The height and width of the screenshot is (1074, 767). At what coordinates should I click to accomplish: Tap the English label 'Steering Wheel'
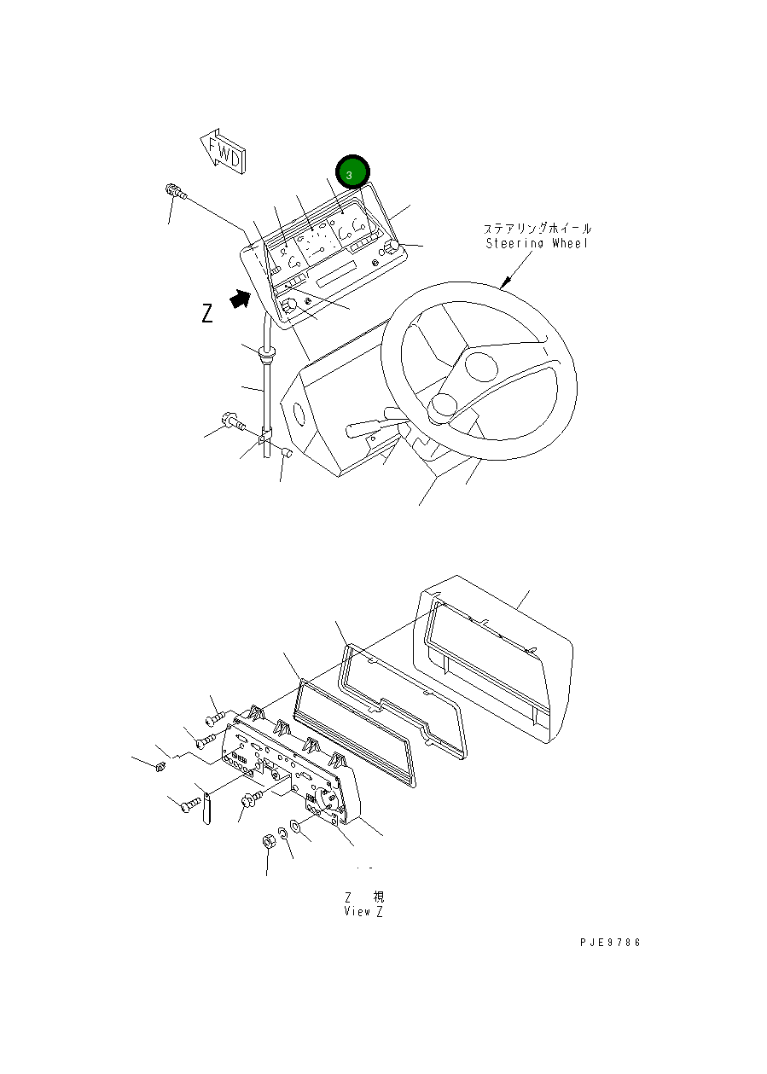[538, 244]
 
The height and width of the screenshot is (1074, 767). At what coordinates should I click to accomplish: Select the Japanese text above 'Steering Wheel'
[537, 229]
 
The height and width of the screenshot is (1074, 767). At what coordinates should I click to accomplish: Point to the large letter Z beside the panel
[207, 314]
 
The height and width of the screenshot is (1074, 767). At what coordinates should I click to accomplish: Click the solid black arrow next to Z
[241, 298]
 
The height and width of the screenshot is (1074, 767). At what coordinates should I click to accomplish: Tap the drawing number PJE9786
[608, 943]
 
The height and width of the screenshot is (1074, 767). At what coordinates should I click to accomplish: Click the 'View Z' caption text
[363, 911]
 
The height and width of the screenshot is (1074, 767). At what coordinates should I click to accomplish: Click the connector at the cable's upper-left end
[174, 192]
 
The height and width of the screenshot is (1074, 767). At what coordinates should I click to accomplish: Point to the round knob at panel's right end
[392, 247]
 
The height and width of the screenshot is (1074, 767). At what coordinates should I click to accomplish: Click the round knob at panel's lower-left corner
[290, 305]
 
